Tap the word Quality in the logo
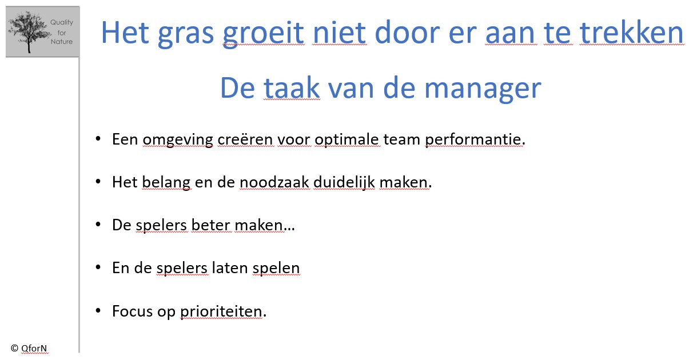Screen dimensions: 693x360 [x=62, y=23]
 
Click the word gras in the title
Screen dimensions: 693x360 [x=186, y=33]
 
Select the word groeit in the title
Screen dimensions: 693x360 [x=263, y=33]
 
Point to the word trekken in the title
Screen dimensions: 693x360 [x=631, y=33]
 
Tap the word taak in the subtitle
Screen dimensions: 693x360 [x=292, y=88]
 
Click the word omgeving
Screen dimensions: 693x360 [x=178, y=139]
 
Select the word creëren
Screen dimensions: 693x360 [x=246, y=139]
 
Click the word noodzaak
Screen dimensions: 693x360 [x=274, y=182]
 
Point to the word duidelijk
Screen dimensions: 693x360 [x=344, y=182]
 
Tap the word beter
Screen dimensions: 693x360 [x=210, y=225]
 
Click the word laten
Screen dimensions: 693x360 [x=229, y=268]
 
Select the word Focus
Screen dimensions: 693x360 [x=132, y=311]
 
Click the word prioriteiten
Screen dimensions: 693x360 [x=221, y=311]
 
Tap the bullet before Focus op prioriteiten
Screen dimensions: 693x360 [x=98, y=310]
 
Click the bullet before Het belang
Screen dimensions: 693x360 [x=98, y=182]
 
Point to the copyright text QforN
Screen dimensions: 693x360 [x=34, y=349]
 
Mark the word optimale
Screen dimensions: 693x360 [x=346, y=139]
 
